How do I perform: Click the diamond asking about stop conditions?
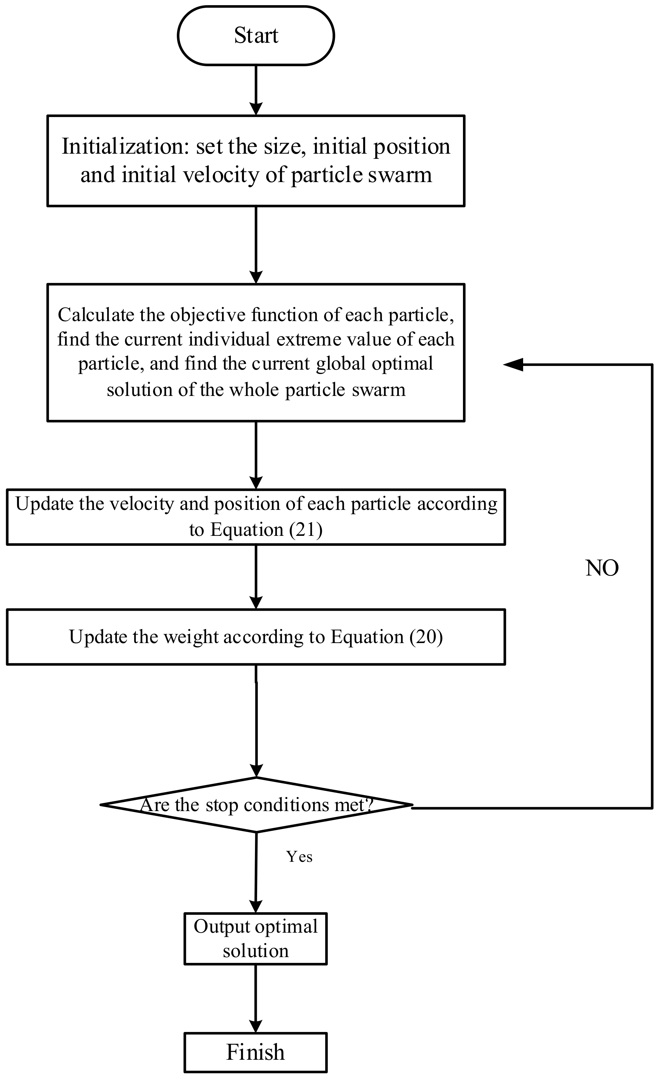(x=257, y=805)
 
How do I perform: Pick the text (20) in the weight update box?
(x=426, y=637)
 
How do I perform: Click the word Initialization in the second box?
(x=125, y=146)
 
